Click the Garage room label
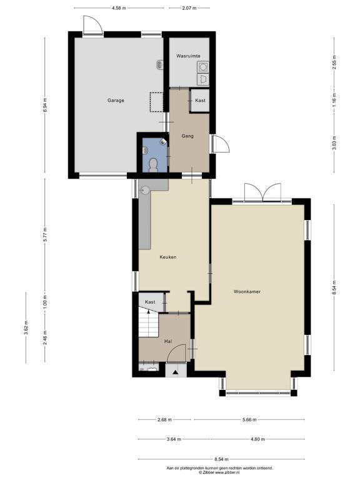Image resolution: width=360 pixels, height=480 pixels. [x=116, y=101]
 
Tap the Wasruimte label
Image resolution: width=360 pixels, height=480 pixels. [x=188, y=56]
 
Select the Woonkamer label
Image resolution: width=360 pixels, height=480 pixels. [x=247, y=292]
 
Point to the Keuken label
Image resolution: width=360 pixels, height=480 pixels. [x=168, y=257]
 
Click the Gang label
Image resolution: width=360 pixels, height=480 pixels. [x=187, y=136]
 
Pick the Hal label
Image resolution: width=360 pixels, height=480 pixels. [x=167, y=341]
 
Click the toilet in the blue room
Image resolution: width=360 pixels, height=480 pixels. [x=152, y=165]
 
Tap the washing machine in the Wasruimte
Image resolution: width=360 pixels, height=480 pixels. [x=203, y=67]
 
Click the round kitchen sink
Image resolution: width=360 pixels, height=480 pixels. [x=145, y=191]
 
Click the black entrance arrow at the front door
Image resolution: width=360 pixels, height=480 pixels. [x=176, y=372]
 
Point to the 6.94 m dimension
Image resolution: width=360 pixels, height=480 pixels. [x=45, y=105]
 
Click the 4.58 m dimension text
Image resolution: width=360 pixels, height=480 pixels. [x=119, y=8]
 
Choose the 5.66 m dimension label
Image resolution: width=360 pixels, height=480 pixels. [x=249, y=420]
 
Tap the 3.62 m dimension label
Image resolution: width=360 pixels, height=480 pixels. [x=26, y=328]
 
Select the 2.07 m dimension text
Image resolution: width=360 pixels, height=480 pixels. [x=189, y=8]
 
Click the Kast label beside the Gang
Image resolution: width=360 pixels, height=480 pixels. [x=200, y=101]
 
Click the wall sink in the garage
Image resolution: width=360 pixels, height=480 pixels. [x=160, y=64]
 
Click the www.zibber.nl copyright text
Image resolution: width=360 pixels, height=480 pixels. [x=219, y=472]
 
